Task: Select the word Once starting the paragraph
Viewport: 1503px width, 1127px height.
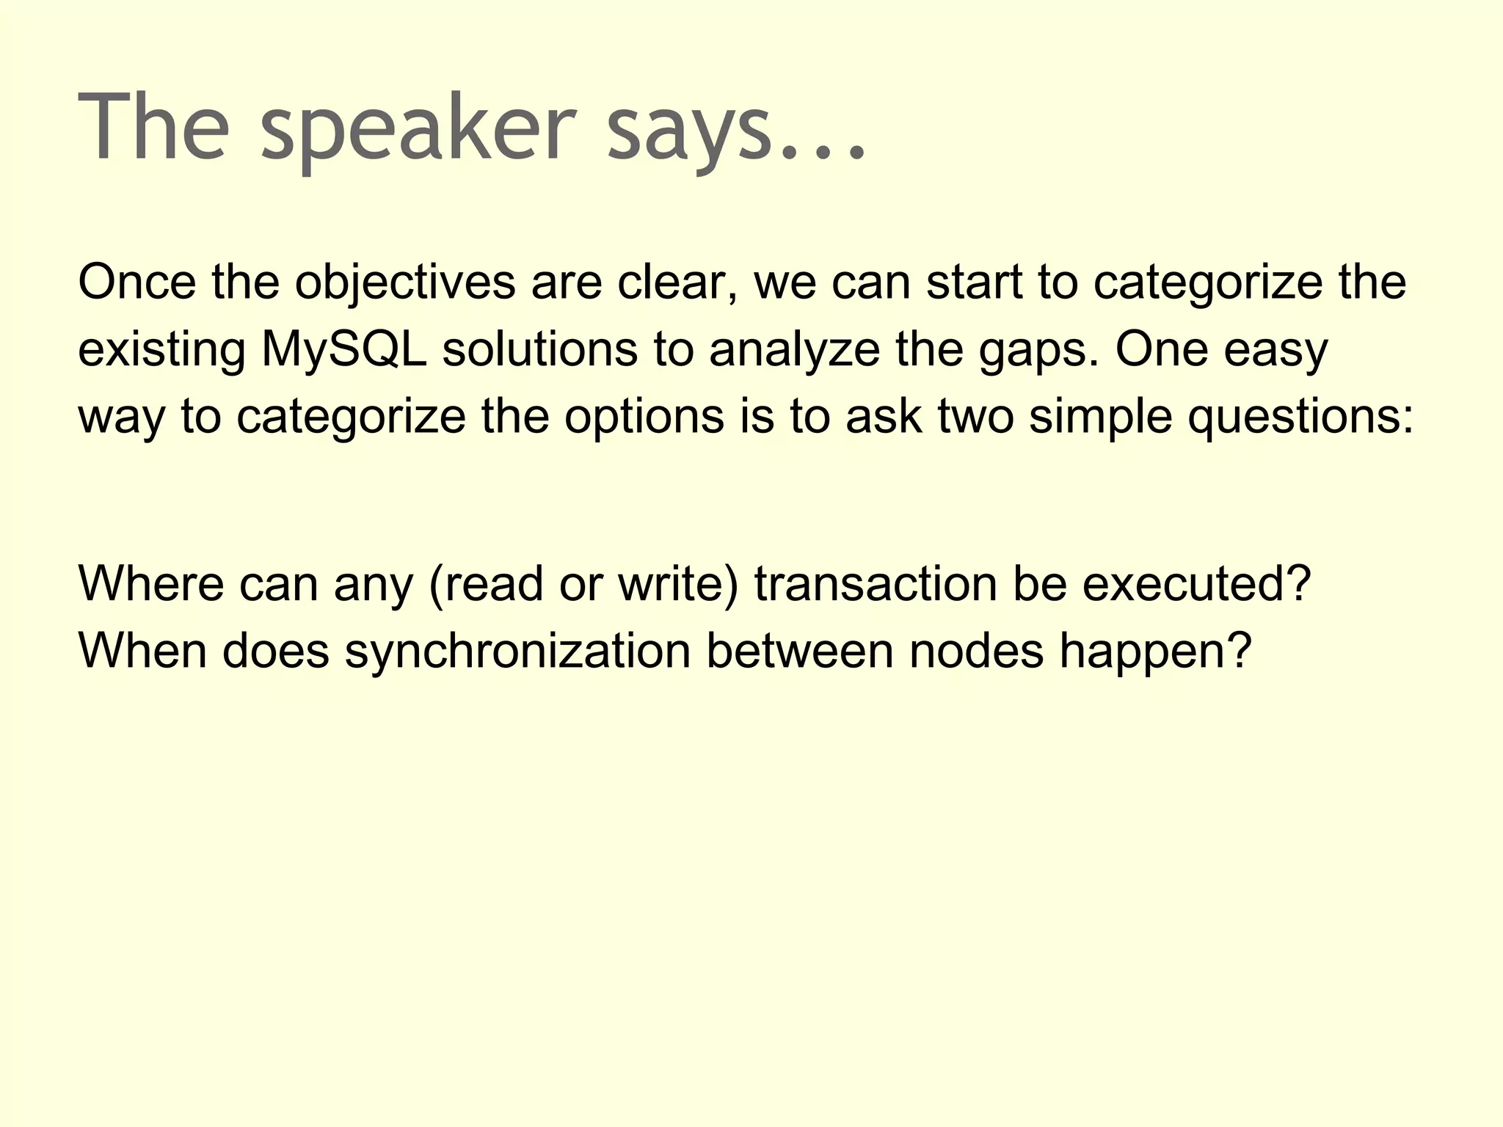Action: (x=137, y=282)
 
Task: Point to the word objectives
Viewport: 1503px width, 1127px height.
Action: (x=405, y=282)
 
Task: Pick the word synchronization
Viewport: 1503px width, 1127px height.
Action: (x=518, y=651)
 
